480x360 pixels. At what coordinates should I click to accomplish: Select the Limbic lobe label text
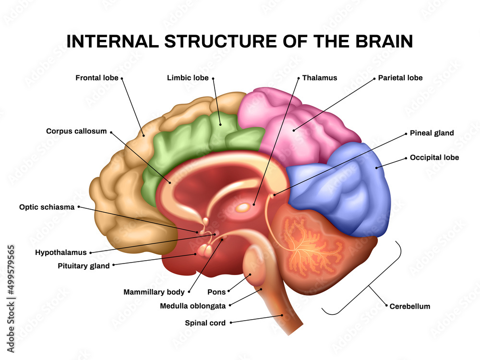tap(188, 77)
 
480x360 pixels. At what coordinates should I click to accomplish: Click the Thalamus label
tap(320, 77)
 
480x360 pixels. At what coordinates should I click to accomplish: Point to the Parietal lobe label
tap(400, 77)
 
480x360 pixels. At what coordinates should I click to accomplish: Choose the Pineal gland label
tap(432, 133)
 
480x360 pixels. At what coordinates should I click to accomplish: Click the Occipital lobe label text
tap(434, 157)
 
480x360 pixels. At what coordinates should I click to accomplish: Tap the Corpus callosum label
tap(76, 131)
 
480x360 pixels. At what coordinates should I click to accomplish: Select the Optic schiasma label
tap(47, 207)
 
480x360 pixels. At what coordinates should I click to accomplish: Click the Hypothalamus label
tap(60, 252)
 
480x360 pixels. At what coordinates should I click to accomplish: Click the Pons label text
tap(216, 292)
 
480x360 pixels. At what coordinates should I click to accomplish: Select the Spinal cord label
tap(205, 323)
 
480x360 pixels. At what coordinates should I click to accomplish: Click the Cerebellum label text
tap(410, 306)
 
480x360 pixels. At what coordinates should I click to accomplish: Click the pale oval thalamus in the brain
tap(243, 207)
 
